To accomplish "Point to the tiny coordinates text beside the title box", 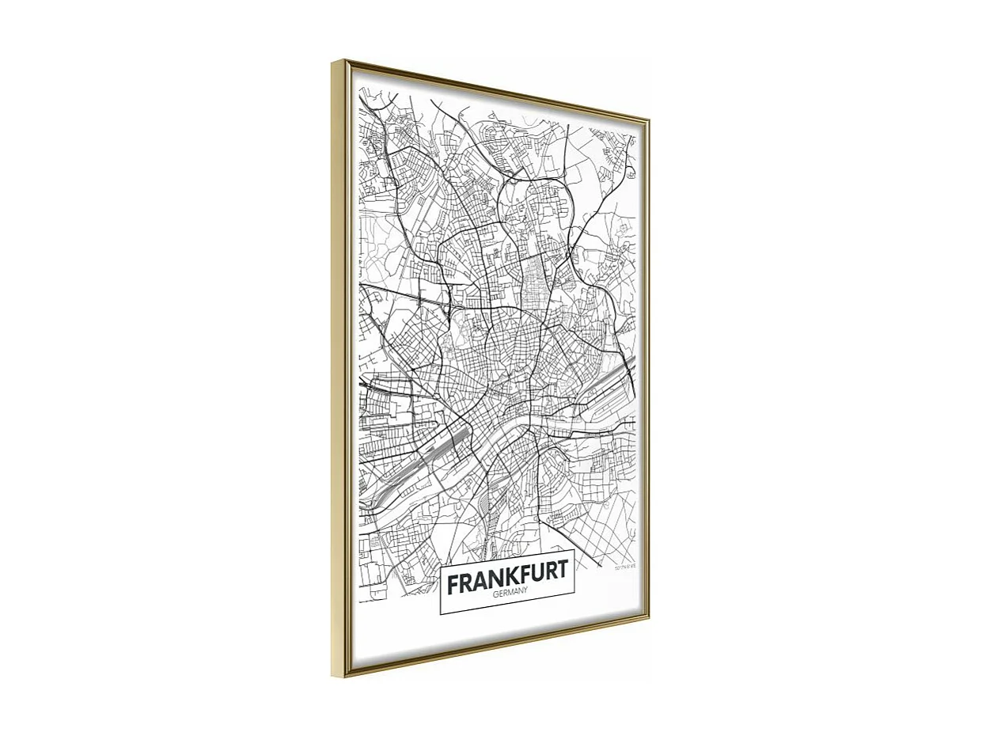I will (625, 567).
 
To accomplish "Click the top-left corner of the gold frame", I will (333, 62).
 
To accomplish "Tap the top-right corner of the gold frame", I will (649, 119).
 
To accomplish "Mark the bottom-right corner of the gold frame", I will (649, 617).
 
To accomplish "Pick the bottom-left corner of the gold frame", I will (333, 677).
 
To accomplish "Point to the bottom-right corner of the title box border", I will (574, 594).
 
